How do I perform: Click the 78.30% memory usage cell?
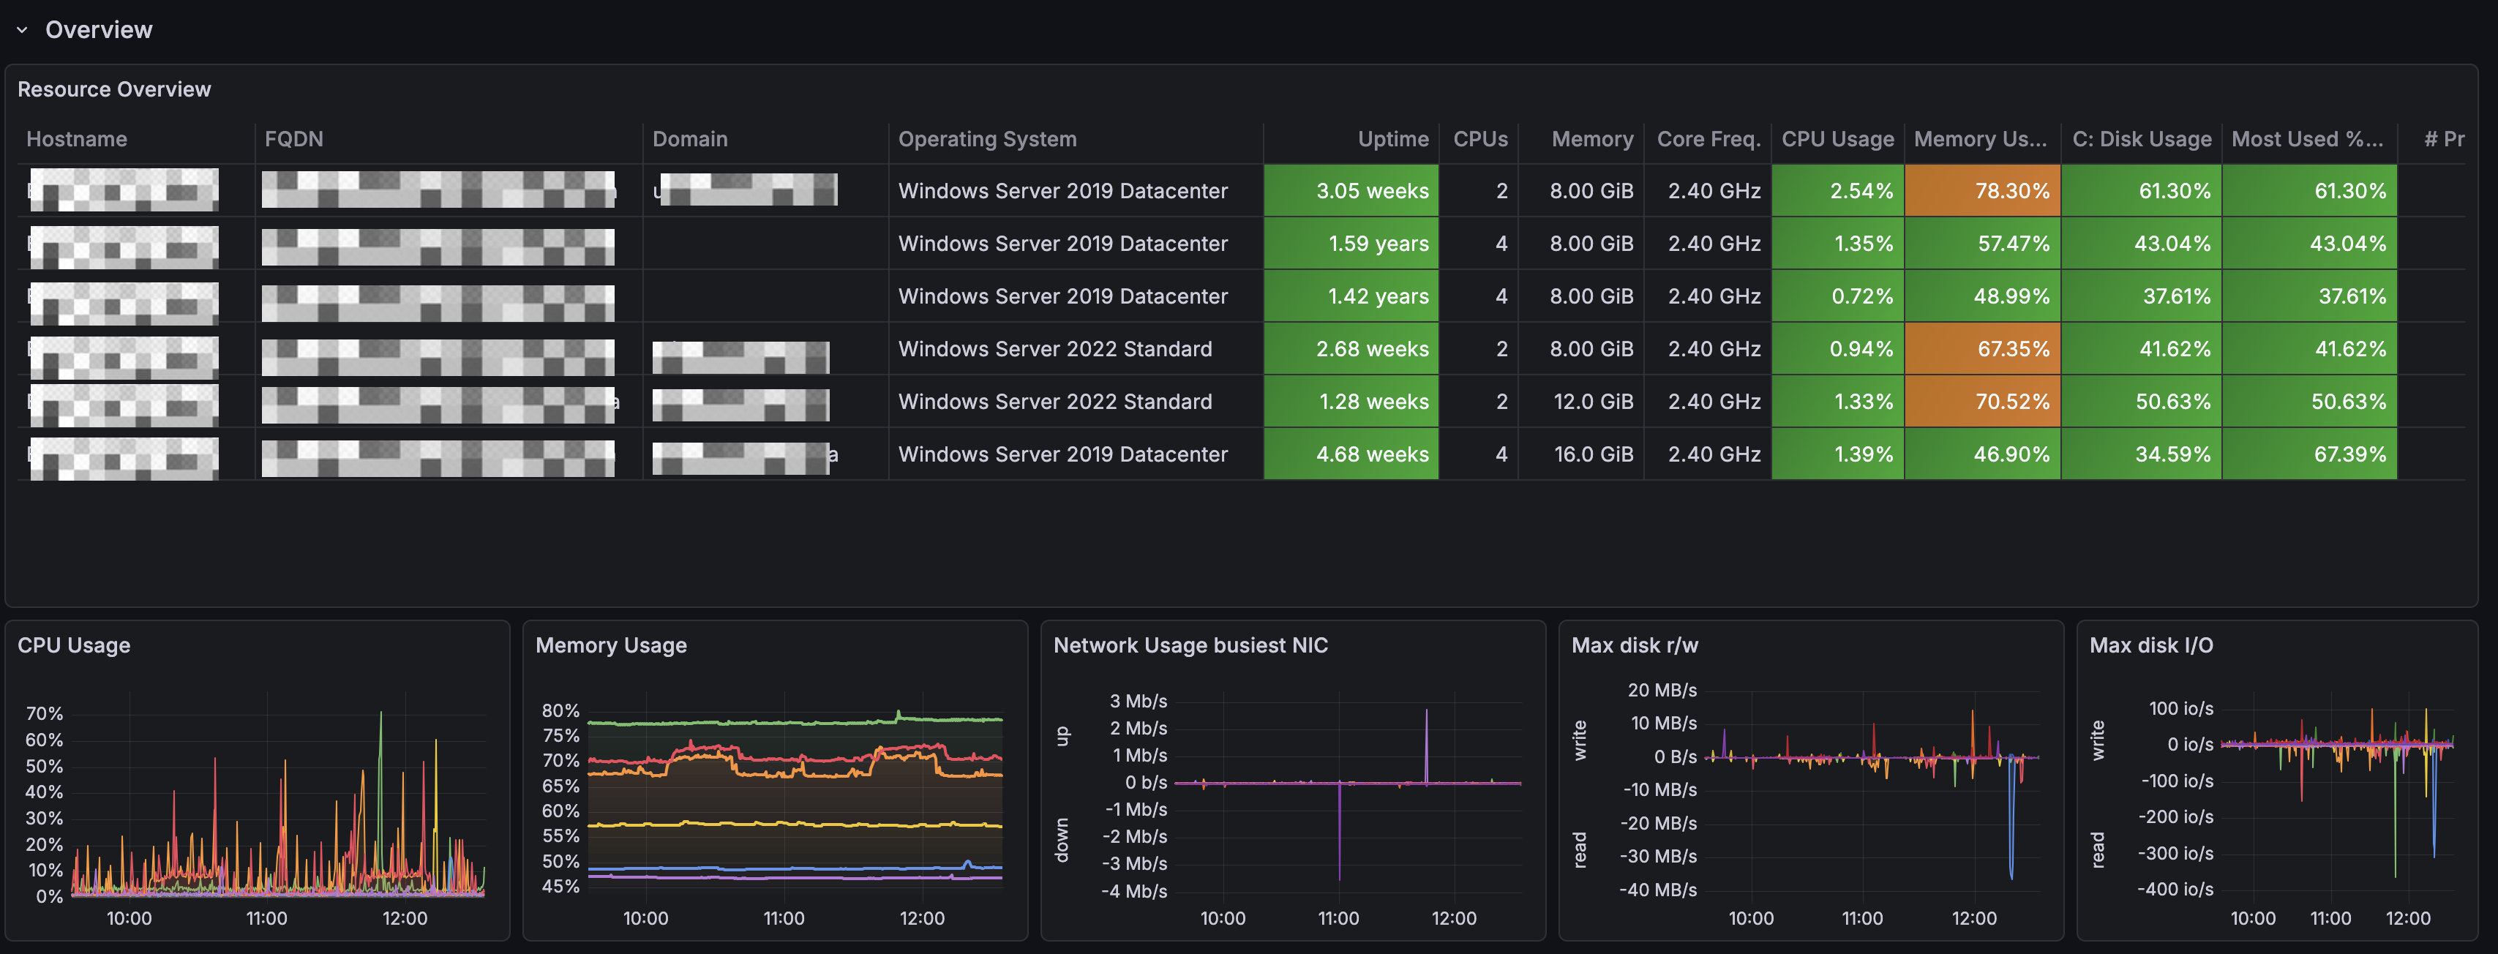(x=1982, y=191)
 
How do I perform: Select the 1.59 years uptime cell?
(x=1351, y=244)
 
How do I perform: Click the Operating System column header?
(x=986, y=139)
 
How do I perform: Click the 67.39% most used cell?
(x=2309, y=454)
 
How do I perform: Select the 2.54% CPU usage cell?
(x=1837, y=191)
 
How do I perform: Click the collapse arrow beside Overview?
(x=21, y=30)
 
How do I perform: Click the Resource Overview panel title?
(x=113, y=89)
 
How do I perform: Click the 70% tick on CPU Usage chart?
(x=44, y=713)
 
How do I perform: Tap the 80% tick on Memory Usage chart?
(x=560, y=710)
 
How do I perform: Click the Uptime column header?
(x=1392, y=139)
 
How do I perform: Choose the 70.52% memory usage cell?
(x=1982, y=402)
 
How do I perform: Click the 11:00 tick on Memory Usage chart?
(x=784, y=918)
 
